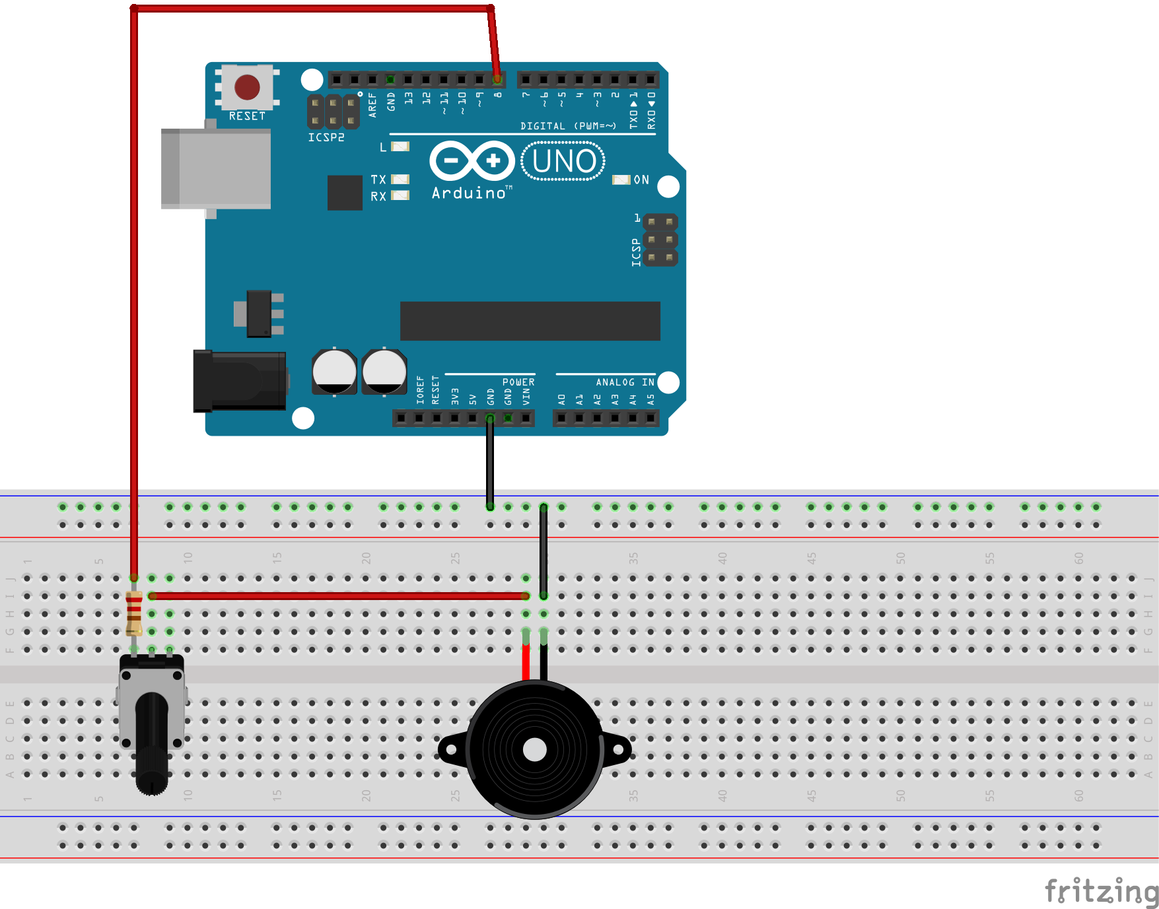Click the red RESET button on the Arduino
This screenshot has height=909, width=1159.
click(x=247, y=87)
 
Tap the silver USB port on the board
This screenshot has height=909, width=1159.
click(x=216, y=169)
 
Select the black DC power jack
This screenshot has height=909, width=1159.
click(x=240, y=381)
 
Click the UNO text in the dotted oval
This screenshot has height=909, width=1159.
click(x=563, y=161)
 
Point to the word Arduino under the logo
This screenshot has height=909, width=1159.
click(x=468, y=193)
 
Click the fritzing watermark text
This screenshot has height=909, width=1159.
click(x=1101, y=891)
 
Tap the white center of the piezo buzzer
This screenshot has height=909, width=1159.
click(x=534, y=750)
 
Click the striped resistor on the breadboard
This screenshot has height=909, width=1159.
click(x=134, y=613)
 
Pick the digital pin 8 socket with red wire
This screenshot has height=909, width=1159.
click(x=497, y=80)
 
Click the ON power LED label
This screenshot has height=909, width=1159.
click(x=641, y=180)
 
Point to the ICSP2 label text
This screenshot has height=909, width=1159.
click(x=326, y=137)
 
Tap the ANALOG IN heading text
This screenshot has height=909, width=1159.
click(x=625, y=382)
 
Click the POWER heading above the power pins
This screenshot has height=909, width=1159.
click(x=518, y=382)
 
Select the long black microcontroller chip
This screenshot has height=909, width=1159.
click(x=530, y=321)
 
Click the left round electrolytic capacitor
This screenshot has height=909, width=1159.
click(x=334, y=372)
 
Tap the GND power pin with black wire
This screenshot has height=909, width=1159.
click(x=490, y=418)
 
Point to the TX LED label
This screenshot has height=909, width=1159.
click(x=378, y=180)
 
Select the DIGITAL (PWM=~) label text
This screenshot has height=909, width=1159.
click(x=568, y=126)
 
